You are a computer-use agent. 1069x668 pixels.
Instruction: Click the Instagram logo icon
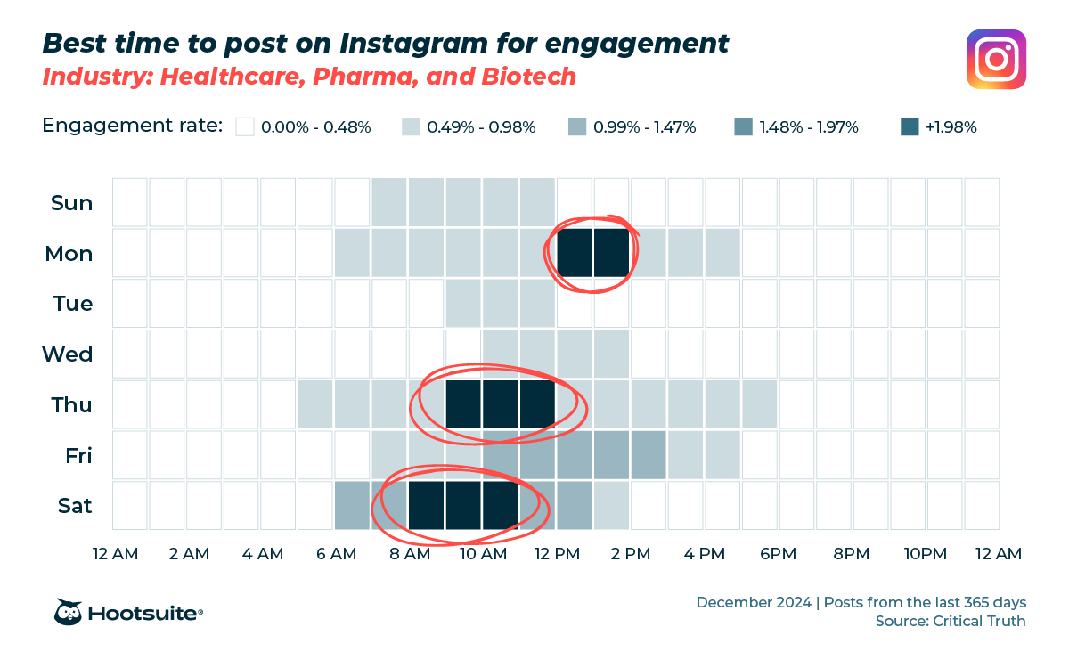pyautogui.click(x=996, y=60)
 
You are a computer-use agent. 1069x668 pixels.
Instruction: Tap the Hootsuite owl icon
pyautogui.click(x=69, y=612)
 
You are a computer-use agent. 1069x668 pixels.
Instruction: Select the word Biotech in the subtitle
pyautogui.click(x=528, y=77)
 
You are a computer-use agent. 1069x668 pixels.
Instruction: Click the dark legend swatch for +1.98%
pyautogui.click(x=909, y=127)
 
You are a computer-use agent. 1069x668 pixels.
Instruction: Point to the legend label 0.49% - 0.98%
pyautogui.click(x=481, y=127)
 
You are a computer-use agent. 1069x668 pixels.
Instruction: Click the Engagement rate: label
pyautogui.click(x=132, y=126)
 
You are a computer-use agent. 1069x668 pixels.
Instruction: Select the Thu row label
pyautogui.click(x=72, y=405)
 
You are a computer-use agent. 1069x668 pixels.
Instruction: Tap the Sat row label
pyautogui.click(x=75, y=506)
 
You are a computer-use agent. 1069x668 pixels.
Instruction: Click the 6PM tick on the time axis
pyautogui.click(x=778, y=554)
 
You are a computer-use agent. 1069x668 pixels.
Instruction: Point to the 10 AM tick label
pyautogui.click(x=483, y=554)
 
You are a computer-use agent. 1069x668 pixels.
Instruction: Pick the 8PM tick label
pyautogui.click(x=852, y=554)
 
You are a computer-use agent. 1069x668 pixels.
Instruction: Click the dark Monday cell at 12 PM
pyautogui.click(x=575, y=253)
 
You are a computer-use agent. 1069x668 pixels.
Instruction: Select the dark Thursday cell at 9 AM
pyautogui.click(x=463, y=404)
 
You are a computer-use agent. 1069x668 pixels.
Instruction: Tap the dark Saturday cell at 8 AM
pyautogui.click(x=427, y=505)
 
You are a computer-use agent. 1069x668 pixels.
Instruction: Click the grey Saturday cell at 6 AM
pyautogui.click(x=353, y=505)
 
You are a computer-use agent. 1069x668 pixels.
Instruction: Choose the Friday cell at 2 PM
pyautogui.click(x=649, y=454)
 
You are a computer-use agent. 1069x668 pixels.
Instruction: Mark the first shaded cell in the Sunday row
pyautogui.click(x=390, y=202)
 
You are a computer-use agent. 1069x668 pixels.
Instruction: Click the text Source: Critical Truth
pyautogui.click(x=951, y=621)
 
